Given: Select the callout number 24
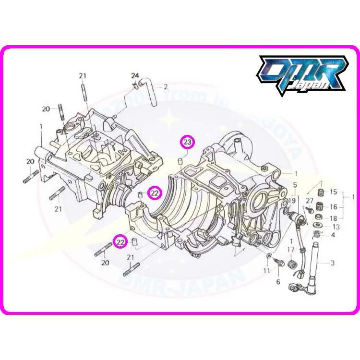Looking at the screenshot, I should pyautogui.click(x=134, y=76).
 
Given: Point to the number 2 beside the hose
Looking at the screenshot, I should pyautogui.click(x=166, y=87).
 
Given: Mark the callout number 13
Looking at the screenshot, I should pyautogui.click(x=336, y=227).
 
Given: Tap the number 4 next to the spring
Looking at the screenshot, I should pyautogui.click(x=333, y=235).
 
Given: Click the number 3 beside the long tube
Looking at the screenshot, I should pyautogui.click(x=333, y=263).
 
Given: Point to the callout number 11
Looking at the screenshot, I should pyautogui.click(x=266, y=272).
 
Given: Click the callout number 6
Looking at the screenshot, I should pyautogui.click(x=278, y=282).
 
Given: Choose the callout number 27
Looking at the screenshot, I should pyautogui.click(x=309, y=200).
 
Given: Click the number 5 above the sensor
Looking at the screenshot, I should pyautogui.click(x=295, y=184).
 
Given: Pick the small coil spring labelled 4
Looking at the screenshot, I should pyautogui.click(x=316, y=235).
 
